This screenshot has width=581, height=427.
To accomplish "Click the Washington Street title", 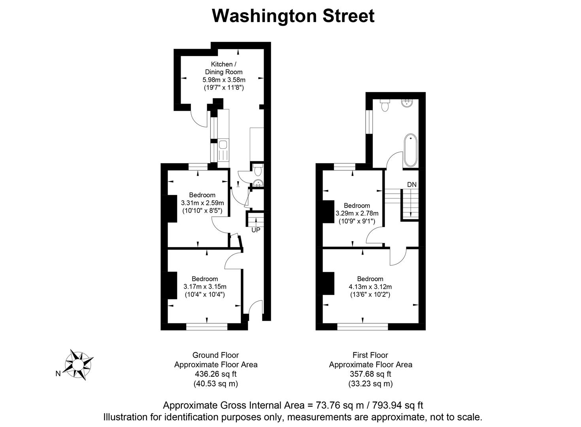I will point(293,16).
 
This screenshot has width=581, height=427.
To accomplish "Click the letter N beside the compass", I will point(58,374).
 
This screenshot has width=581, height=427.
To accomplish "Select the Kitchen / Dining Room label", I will point(223,68).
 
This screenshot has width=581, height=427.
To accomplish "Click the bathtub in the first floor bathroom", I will point(410,150).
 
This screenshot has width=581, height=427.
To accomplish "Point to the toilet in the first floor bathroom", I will point(385,105).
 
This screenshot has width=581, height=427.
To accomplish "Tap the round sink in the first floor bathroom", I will point(407,103).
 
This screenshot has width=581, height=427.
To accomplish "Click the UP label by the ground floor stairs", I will point(256,230).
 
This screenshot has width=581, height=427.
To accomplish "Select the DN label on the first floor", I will point(411,185).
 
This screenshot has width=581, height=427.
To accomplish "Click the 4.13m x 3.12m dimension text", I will point(370,287).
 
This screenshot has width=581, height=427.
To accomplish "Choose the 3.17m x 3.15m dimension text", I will point(205,287).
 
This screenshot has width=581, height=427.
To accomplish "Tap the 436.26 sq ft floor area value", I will point(215,374).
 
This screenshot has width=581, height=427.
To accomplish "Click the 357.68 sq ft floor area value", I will point(370,374).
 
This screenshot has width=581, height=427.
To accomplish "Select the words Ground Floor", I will point(215,355).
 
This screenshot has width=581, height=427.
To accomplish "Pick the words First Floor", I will point(370,355).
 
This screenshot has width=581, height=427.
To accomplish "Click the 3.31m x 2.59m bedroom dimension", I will point(202,203).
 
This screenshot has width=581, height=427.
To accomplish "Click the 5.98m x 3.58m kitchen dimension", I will point(224,80).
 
